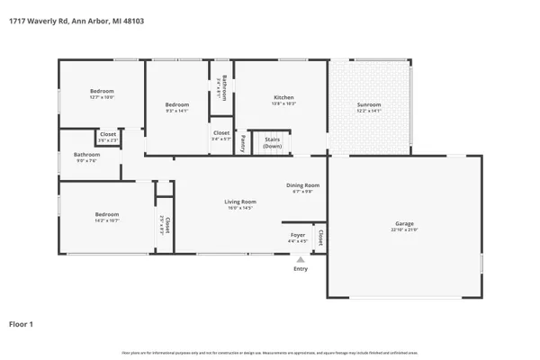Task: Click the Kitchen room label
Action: click(x=283, y=97)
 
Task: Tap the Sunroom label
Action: click(x=369, y=104)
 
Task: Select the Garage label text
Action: click(x=404, y=225)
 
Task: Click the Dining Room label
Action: click(x=302, y=185)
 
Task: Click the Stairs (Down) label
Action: click(x=272, y=142)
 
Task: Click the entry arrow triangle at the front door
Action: click(x=300, y=259)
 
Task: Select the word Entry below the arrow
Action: click(x=300, y=268)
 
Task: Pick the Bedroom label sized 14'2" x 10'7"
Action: click(x=107, y=213)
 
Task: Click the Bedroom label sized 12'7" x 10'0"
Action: click(x=102, y=92)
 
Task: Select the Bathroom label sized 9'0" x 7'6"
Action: click(x=86, y=154)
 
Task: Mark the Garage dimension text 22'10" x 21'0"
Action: click(x=404, y=231)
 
